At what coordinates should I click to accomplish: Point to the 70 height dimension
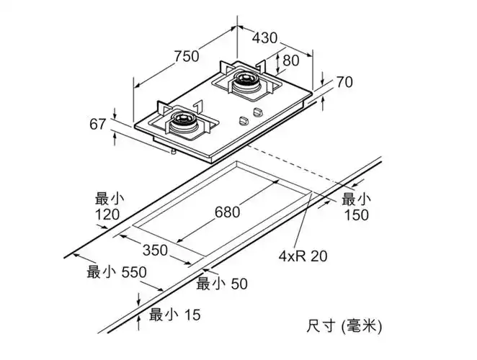click(344, 82)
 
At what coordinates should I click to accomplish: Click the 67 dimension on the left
click(99, 125)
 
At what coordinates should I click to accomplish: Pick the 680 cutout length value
click(227, 212)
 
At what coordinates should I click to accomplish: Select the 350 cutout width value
click(154, 251)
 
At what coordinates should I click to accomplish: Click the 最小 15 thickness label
click(174, 314)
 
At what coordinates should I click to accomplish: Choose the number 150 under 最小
click(356, 215)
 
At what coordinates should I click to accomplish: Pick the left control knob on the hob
click(244, 122)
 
